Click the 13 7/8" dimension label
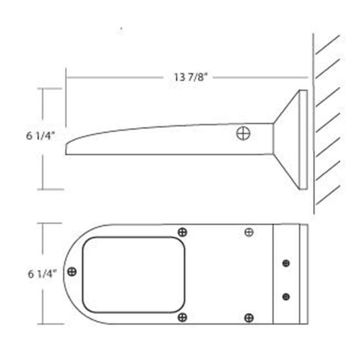point(190,77)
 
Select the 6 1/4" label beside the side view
point(40,136)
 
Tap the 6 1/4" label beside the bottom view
point(42,274)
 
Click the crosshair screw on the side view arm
point(243,133)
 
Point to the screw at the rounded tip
point(72,272)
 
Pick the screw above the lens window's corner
point(183,232)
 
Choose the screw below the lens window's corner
point(183,318)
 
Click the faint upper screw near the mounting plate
point(249,232)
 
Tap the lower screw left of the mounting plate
point(249,318)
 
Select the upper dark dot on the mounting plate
point(286,263)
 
